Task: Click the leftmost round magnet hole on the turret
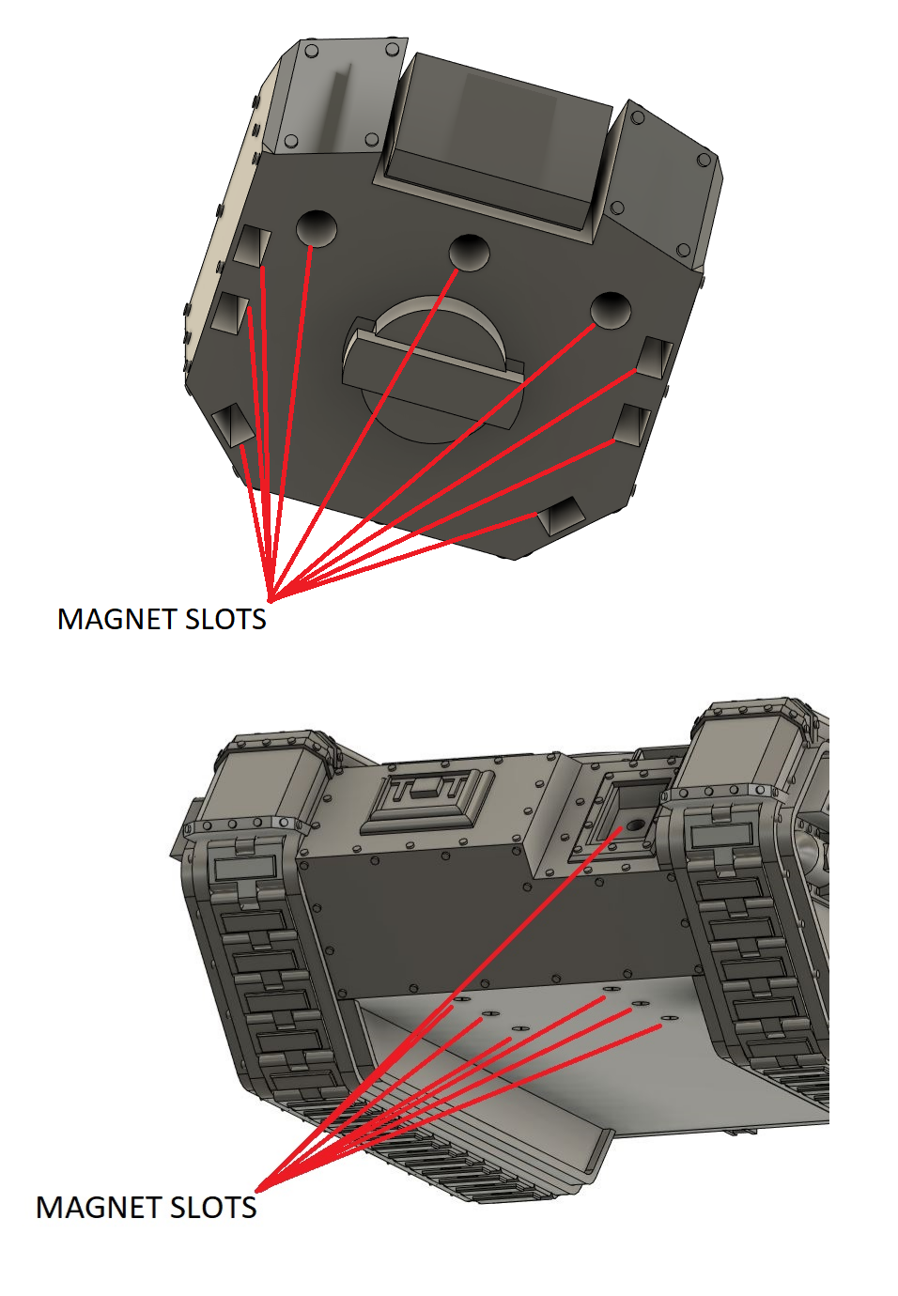[x=316, y=227]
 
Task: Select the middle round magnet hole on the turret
[x=469, y=252]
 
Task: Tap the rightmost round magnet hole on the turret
[x=611, y=309]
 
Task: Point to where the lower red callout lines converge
[x=257, y=1189]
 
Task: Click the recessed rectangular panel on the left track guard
[x=243, y=868]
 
